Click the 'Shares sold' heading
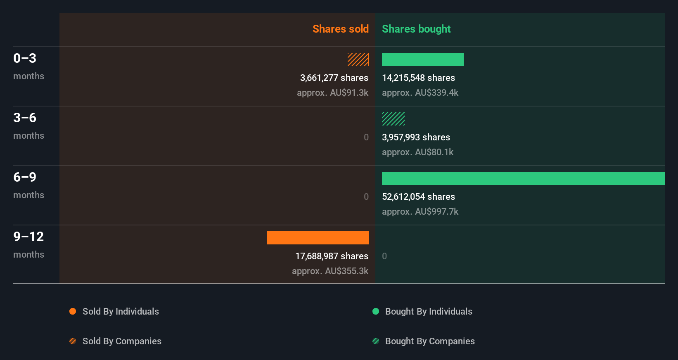click(x=340, y=29)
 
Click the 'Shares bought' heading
click(x=416, y=29)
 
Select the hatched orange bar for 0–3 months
click(x=358, y=59)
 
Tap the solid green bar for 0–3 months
click(x=422, y=59)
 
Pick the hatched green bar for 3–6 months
click(x=393, y=119)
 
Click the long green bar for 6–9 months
click(x=523, y=178)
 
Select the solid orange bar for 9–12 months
click(x=318, y=238)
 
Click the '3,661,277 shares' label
click(x=334, y=78)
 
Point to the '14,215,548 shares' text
click(x=418, y=78)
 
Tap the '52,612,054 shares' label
click(x=418, y=197)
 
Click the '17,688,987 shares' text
click(x=332, y=256)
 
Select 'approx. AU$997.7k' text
click(x=420, y=212)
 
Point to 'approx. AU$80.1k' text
click(x=417, y=152)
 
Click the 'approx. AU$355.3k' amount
click(x=330, y=271)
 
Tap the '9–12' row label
click(x=28, y=237)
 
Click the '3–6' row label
click(x=25, y=118)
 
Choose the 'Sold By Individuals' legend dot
click(x=73, y=311)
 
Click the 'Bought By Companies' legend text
click(x=430, y=341)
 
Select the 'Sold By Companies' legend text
click(x=122, y=341)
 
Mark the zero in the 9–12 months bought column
click(x=384, y=256)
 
